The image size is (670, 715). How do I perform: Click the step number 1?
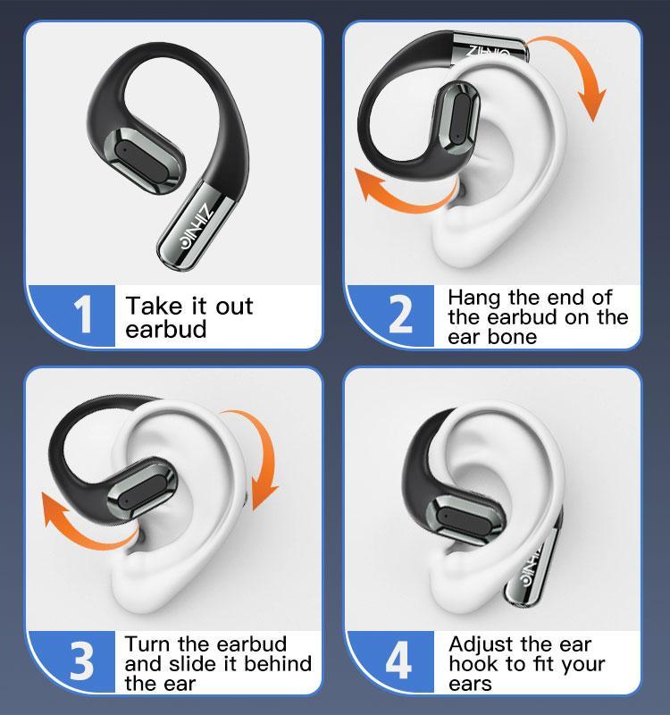tap(83, 315)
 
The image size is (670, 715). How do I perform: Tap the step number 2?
tap(400, 315)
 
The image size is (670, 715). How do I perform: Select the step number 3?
tap(81, 663)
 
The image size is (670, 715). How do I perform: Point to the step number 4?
tap(399, 663)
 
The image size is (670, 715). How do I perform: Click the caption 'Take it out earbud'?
tap(189, 317)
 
